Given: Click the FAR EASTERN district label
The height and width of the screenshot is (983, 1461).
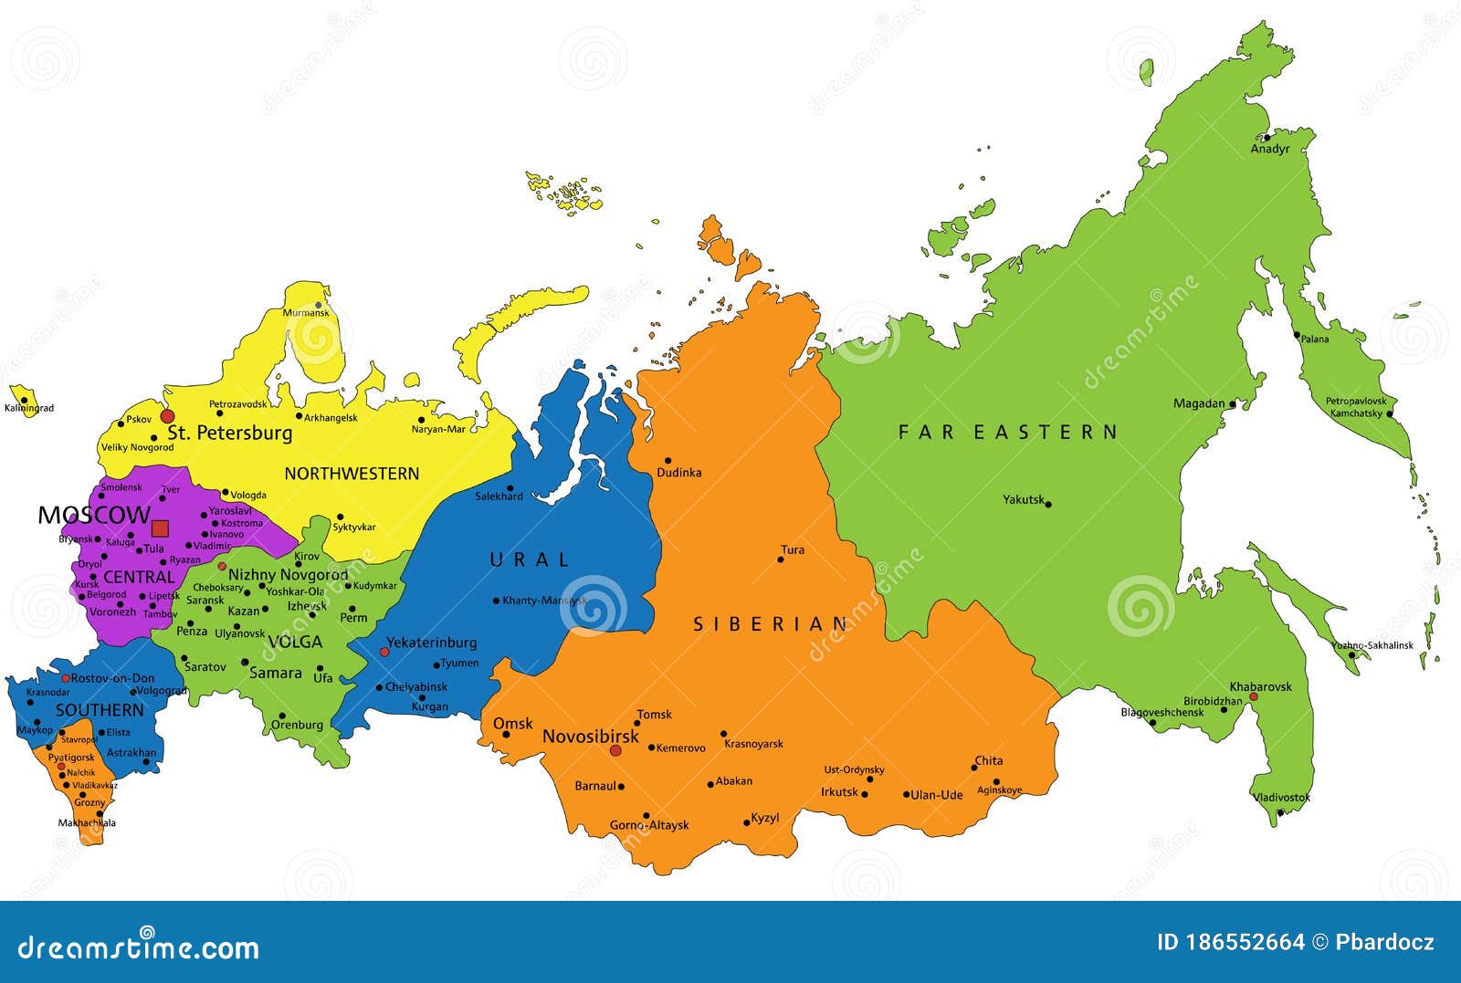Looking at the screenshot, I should coord(1007,432).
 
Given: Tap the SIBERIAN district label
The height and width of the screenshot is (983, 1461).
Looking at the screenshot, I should coord(771,624).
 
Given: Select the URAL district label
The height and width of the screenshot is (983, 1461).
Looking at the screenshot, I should coord(530,559).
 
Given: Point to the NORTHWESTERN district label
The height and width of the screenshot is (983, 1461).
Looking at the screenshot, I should coord(352,473).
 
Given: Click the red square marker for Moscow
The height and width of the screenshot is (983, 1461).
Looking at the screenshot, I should coord(160,528).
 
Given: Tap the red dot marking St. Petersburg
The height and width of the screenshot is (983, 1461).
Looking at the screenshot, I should coord(167,416).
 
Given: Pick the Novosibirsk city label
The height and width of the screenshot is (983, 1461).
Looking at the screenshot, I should coord(590,736).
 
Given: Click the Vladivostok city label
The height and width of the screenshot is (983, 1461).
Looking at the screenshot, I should coord(1281,797).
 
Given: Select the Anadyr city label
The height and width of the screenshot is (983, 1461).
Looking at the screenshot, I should coord(1269,149).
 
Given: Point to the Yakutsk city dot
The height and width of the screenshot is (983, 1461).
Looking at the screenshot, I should coord(1048,504).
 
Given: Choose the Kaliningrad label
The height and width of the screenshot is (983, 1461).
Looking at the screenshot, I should coord(29,408).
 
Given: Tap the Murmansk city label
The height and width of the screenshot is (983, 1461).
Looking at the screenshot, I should coord(305,313).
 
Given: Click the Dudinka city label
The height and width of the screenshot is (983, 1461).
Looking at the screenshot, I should coord(679,473).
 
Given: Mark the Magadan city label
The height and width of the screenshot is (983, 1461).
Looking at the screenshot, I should coord(1199,403).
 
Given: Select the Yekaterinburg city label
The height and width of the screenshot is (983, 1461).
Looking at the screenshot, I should coord(431,643).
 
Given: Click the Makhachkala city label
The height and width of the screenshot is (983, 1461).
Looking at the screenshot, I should coord(87,822).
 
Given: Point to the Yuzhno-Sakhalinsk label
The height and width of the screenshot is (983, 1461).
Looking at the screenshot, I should coord(1372,645).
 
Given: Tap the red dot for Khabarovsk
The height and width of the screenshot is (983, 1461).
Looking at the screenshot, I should coord(1254,696).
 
